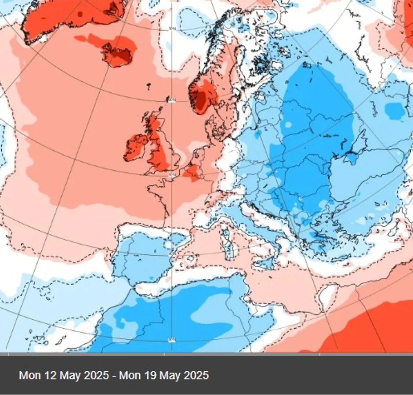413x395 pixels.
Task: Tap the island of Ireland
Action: (x=136, y=148)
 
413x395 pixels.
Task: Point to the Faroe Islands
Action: (x=149, y=85)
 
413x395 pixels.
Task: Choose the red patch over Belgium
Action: (x=192, y=172)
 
